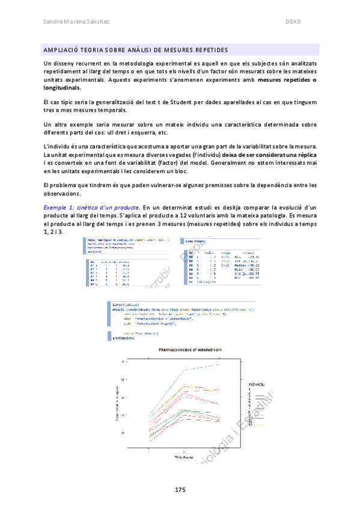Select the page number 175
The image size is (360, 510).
(180, 490)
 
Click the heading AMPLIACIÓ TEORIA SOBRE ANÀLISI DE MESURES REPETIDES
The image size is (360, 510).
(136, 49)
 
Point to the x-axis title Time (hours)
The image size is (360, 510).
(182, 458)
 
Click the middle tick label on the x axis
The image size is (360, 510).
(182, 452)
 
